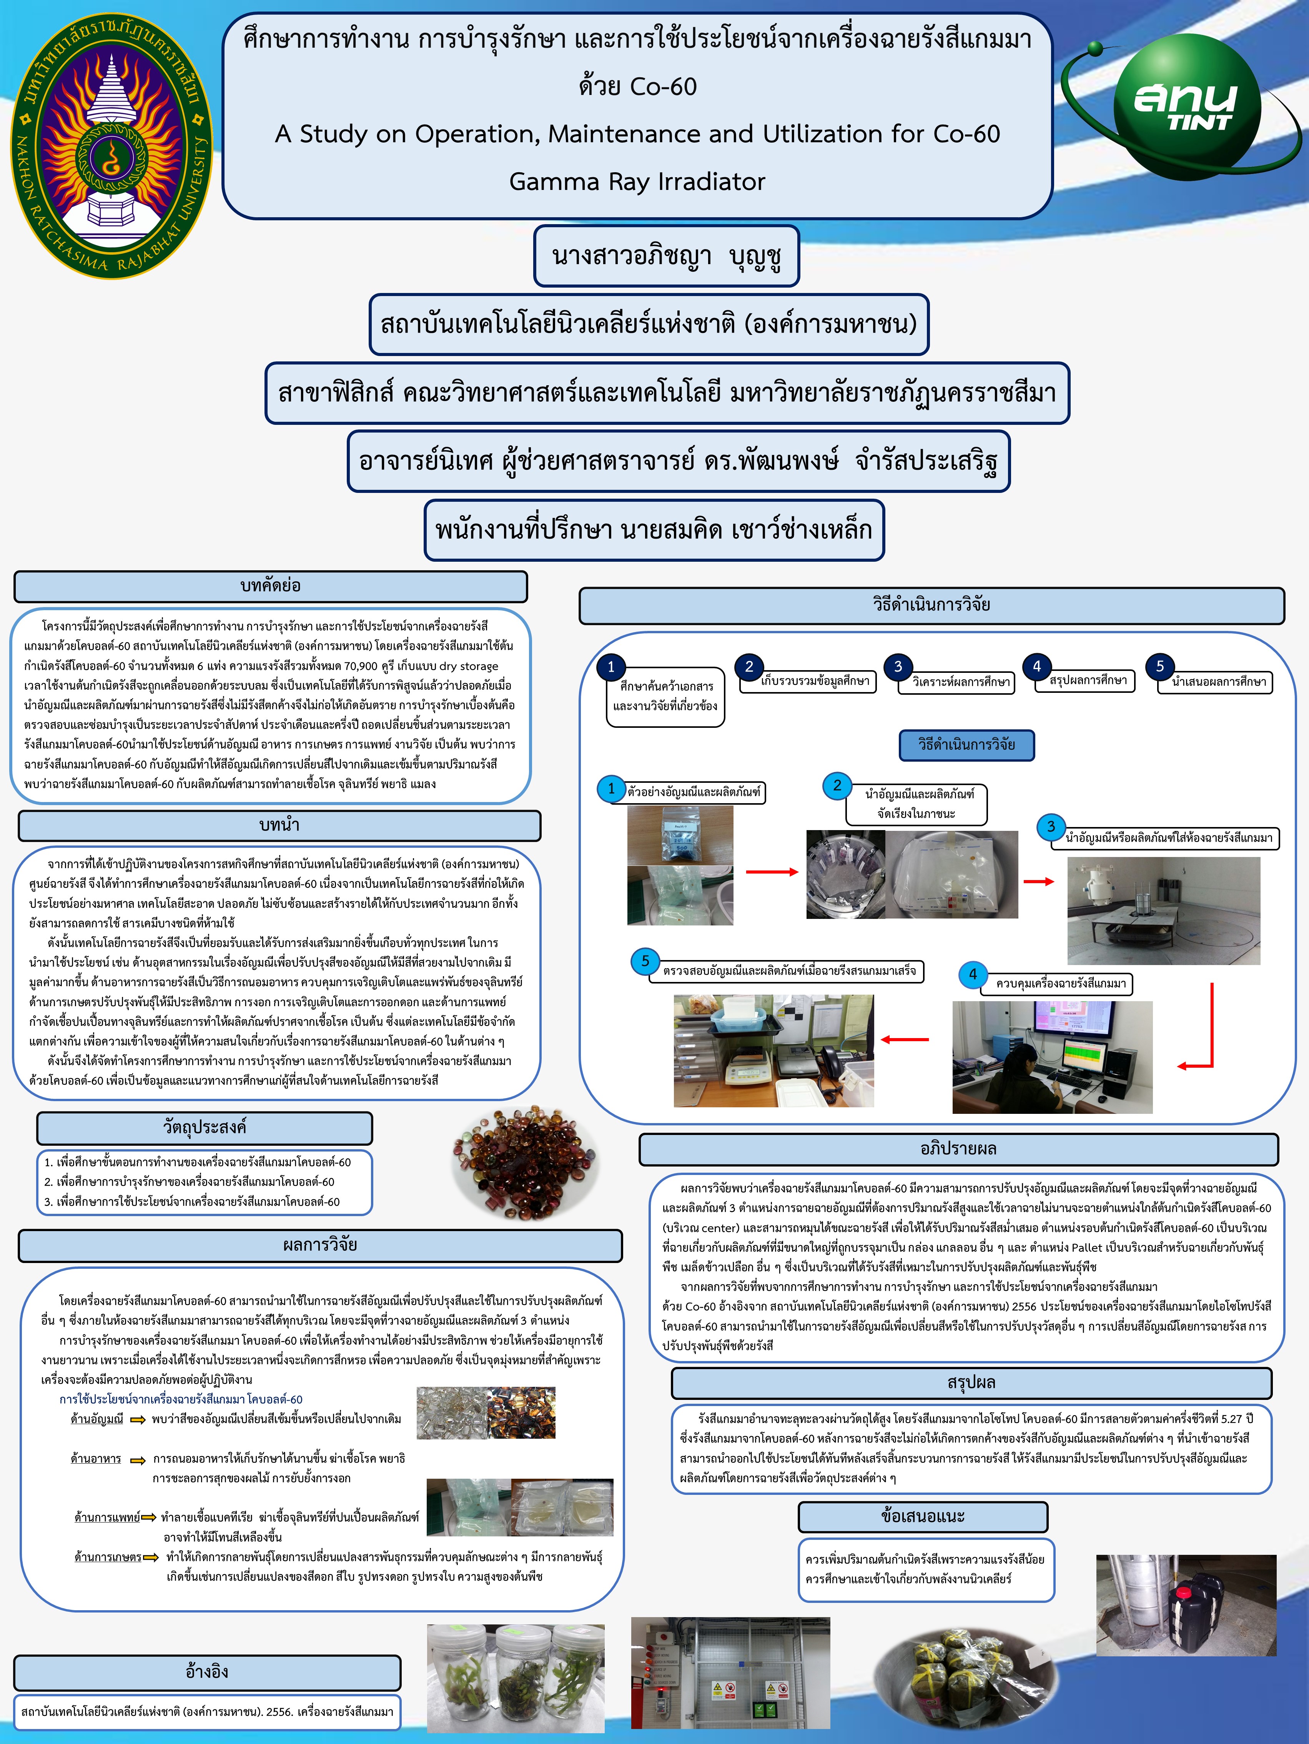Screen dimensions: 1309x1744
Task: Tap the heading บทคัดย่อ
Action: (x=271, y=586)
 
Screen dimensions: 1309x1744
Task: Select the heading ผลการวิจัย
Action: (x=320, y=1246)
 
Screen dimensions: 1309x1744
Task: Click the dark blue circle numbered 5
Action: (x=1160, y=666)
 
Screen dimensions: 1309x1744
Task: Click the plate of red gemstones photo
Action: (x=526, y=1157)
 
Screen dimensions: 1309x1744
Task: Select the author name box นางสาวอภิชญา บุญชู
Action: (x=666, y=256)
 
